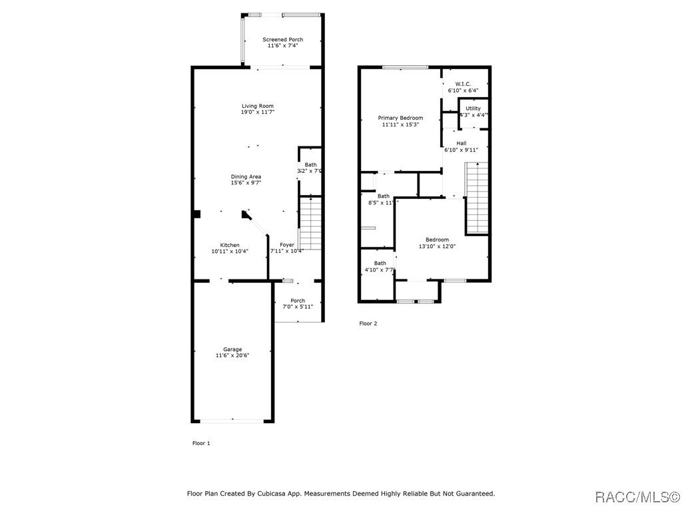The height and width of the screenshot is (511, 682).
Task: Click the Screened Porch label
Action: point(282,40)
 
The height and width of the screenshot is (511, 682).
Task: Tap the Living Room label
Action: point(257,106)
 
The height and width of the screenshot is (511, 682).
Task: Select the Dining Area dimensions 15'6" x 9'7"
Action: point(246,183)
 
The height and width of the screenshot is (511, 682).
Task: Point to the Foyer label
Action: point(287,246)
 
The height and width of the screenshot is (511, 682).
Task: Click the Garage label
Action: point(232,349)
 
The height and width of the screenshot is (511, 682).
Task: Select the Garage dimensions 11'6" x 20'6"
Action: point(232,356)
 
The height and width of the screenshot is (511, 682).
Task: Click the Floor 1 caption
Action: point(201,443)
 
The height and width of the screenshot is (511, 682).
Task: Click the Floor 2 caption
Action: point(368,324)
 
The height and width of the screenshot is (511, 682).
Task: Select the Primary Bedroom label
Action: point(400,118)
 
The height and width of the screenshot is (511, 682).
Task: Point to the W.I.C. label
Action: point(463,84)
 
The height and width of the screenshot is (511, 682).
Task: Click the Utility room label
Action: point(473,108)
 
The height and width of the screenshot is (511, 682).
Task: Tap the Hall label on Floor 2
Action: point(461,143)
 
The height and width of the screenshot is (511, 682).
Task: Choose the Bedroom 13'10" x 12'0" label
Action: point(437,240)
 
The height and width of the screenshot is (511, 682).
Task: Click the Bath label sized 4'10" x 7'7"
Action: point(380,263)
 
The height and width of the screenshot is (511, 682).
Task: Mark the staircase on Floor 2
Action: point(476,198)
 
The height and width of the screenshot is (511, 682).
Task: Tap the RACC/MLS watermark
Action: point(636,497)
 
